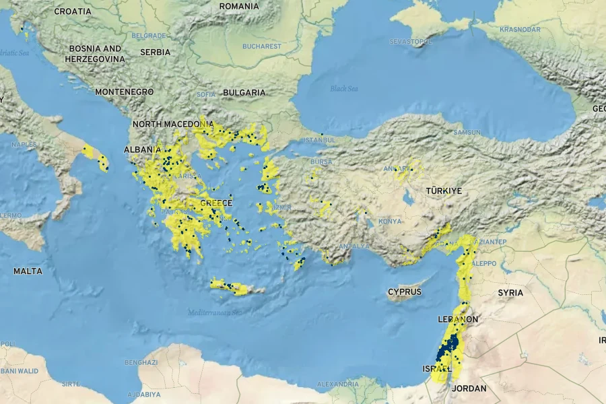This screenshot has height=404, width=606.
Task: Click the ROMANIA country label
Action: point(239,6)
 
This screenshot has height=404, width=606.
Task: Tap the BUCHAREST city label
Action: point(262,46)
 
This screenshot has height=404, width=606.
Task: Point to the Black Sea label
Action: point(344,89)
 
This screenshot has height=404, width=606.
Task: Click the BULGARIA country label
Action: point(244,92)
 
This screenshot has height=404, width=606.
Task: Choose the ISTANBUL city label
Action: point(319,140)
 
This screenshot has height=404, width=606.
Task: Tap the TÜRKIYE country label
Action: point(444,191)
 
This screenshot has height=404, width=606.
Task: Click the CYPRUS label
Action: point(405,292)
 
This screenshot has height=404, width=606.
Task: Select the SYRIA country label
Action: point(510,293)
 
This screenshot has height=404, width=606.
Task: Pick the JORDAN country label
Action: point(469,389)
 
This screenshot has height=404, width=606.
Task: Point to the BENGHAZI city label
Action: point(141,362)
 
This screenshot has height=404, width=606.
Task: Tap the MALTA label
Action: point(28,271)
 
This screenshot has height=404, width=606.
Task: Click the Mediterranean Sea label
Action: point(215,312)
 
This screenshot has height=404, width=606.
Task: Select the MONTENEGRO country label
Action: point(125,92)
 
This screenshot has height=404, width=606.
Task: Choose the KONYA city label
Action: point(390,221)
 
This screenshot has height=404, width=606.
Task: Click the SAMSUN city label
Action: point(467,133)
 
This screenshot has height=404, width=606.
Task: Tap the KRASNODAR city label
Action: point(520,30)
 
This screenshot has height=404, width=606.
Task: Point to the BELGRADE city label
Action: point(149,36)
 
